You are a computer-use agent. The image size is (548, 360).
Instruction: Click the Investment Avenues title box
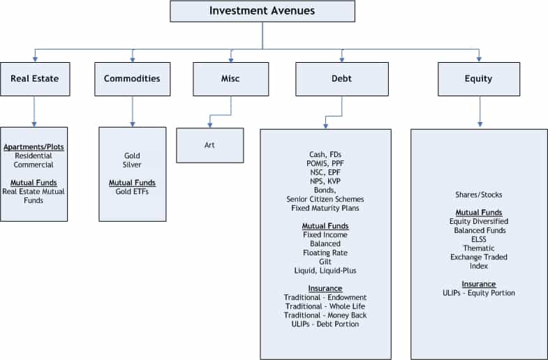pyautogui.click(x=262, y=11)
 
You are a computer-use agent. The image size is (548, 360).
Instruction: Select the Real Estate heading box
pyautogui.click(x=35, y=79)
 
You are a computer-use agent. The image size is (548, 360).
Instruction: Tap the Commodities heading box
pyautogui.click(x=133, y=79)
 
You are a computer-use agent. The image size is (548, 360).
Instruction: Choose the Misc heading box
pyautogui.click(x=230, y=79)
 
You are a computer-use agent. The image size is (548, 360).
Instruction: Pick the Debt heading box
pyautogui.click(x=342, y=79)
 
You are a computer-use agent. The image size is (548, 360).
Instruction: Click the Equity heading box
pyautogui.click(x=479, y=79)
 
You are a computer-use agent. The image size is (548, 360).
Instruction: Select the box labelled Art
pyautogui.click(x=209, y=145)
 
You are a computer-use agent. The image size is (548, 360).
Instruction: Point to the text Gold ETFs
pyautogui.click(x=132, y=192)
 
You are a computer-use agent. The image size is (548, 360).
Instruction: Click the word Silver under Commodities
pyautogui.click(x=132, y=165)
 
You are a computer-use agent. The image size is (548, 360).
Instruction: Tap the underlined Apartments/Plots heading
pyautogui.click(x=34, y=147)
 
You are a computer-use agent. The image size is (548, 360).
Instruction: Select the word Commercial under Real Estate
pyautogui.click(x=34, y=165)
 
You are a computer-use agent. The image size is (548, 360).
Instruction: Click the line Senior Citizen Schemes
pyautogui.click(x=325, y=200)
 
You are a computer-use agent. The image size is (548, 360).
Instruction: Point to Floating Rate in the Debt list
pyautogui.click(x=325, y=253)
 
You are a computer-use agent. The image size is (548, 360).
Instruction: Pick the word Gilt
pyautogui.click(x=325, y=262)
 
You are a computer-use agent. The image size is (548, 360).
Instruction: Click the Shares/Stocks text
pyautogui.click(x=479, y=195)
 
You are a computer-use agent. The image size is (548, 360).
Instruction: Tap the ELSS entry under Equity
pyautogui.click(x=479, y=239)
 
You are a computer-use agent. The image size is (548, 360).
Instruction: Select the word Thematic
pyautogui.click(x=479, y=248)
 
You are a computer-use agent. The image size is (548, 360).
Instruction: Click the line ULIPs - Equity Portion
pyautogui.click(x=479, y=293)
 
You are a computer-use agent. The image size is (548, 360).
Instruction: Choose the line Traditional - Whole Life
pyautogui.click(x=325, y=306)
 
